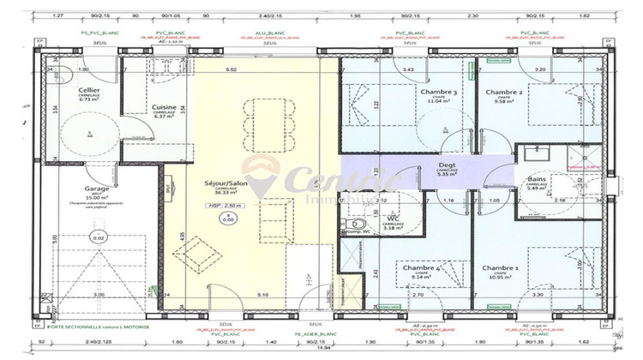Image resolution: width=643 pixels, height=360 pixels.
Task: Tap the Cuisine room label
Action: pyautogui.click(x=164, y=107)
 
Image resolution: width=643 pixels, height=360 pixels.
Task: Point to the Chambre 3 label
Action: pyautogui.click(x=437, y=92)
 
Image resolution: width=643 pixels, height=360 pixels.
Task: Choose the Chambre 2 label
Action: pyautogui.click(x=504, y=92)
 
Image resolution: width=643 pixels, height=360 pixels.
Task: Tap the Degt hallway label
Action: pyautogui.click(x=447, y=164)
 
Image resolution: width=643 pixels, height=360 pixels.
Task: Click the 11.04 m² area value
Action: pyautogui.click(x=437, y=101)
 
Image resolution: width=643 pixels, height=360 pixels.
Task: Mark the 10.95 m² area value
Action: pyautogui.click(x=501, y=278)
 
